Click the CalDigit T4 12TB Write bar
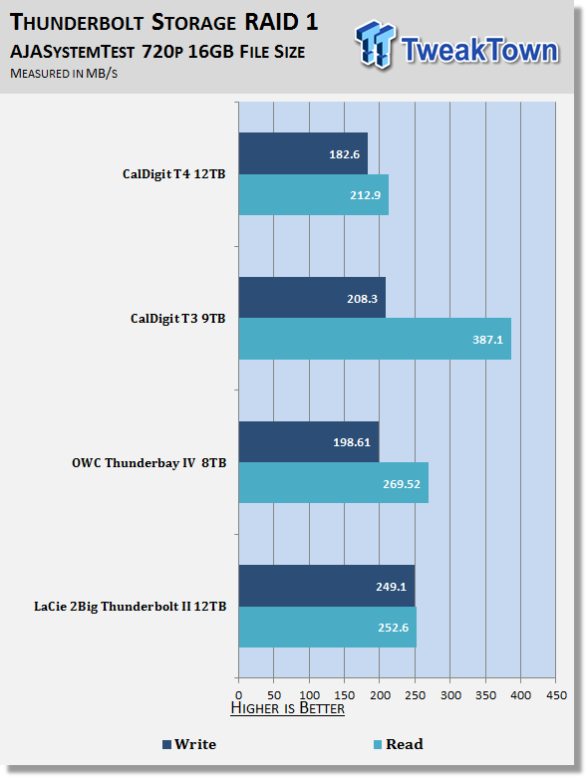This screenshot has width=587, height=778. tap(303, 153)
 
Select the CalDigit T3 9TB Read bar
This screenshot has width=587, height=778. tap(375, 339)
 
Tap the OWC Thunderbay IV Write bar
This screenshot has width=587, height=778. tap(309, 442)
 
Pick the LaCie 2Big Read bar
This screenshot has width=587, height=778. tap(328, 628)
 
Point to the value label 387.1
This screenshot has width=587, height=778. tap(487, 340)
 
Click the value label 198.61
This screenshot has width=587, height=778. tap(352, 442)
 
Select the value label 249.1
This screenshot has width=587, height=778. tap(391, 587)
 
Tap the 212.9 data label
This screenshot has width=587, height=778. tap(365, 195)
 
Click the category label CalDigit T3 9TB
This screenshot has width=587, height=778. tap(178, 319)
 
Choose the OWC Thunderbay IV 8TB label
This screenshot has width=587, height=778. tap(148, 463)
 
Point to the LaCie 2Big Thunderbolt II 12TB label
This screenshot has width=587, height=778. tap(130, 607)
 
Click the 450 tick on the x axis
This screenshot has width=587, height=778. tap(556, 695)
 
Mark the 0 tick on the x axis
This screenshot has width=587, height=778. tap(238, 695)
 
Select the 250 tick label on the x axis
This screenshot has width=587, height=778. tap(415, 695)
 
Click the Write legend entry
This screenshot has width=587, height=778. tap(189, 744)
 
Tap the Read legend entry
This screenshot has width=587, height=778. tap(399, 744)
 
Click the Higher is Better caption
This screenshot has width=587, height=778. tap(288, 708)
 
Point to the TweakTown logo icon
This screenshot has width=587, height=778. tap(376, 45)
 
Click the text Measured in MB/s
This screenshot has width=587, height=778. tap(64, 74)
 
